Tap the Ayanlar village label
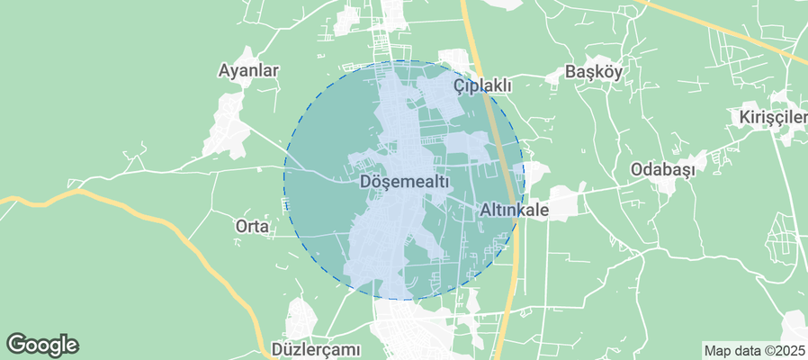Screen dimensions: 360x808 point(249,70)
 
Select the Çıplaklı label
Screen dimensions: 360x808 point(482,85)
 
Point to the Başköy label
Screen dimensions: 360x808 point(593,73)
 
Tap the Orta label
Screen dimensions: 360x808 point(252,227)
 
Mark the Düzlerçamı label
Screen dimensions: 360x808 point(316,348)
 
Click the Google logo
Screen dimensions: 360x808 point(42,345)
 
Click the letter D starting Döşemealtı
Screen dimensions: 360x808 point(364,182)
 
